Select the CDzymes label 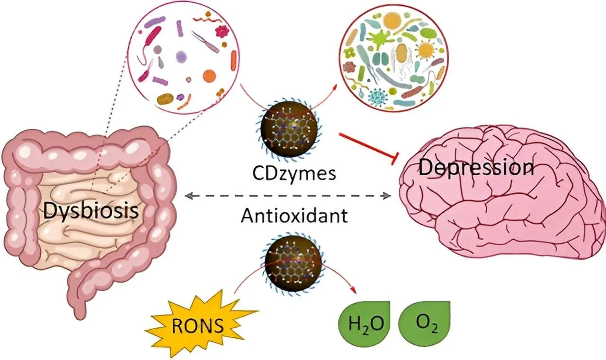(294, 173)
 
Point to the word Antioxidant (294, 216)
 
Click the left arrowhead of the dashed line (188, 195)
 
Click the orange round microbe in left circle (209, 75)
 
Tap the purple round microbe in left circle (181, 57)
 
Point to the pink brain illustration (502, 199)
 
